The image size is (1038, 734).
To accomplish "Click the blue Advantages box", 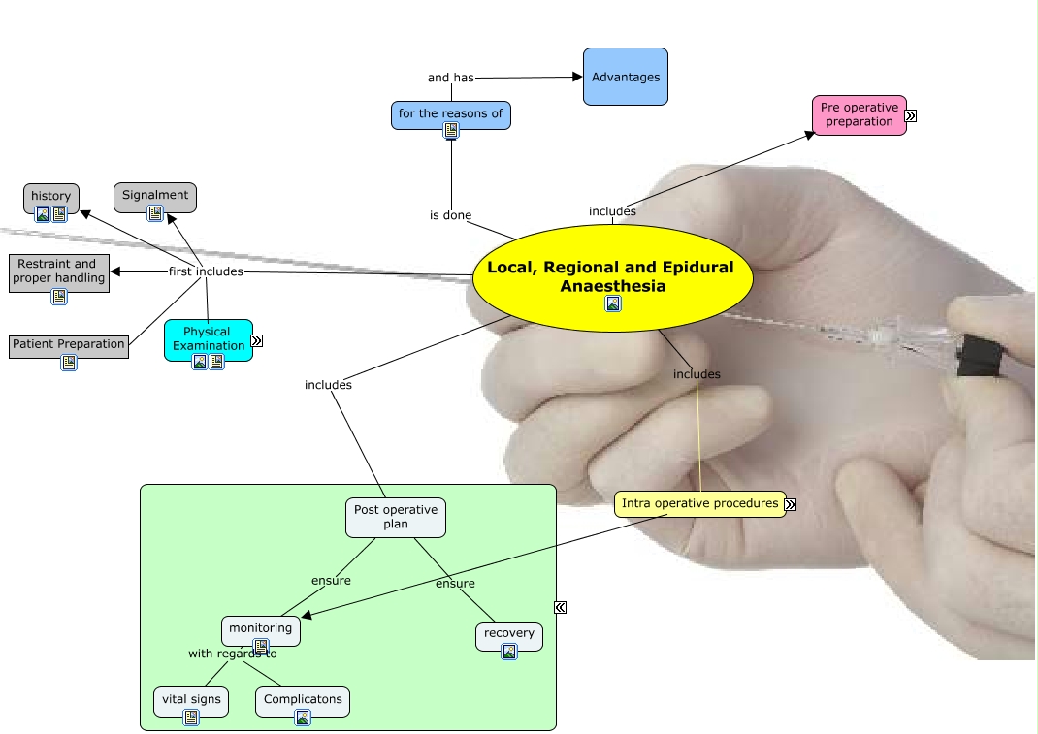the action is click(x=626, y=77).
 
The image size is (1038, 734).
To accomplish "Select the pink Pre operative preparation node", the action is click(x=860, y=115).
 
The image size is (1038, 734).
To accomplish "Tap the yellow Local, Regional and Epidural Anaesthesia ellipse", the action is click(x=613, y=278).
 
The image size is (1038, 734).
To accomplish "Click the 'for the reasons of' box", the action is click(x=451, y=115).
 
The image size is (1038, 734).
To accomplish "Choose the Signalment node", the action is click(x=155, y=197).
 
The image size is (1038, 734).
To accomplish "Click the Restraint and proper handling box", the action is click(x=59, y=272).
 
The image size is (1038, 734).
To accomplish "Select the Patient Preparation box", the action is click(x=69, y=346).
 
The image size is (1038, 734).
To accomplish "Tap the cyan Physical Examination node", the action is click(x=209, y=340).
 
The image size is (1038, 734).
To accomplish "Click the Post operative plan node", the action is click(x=396, y=518).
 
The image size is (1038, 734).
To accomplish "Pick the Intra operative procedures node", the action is click(x=700, y=503).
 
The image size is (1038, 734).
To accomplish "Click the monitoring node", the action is click(x=261, y=630).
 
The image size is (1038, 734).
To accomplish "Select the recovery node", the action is click(x=509, y=636).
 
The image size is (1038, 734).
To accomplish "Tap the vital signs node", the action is click(x=191, y=702).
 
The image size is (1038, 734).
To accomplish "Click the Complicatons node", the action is click(x=303, y=702).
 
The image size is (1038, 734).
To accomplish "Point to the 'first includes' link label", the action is click(x=206, y=271).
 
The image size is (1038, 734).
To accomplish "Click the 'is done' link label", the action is click(x=450, y=215).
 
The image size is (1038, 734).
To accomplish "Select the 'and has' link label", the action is click(x=451, y=78).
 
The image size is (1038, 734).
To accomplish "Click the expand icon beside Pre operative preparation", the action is click(x=911, y=115).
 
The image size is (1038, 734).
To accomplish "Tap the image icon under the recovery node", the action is click(x=509, y=652).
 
